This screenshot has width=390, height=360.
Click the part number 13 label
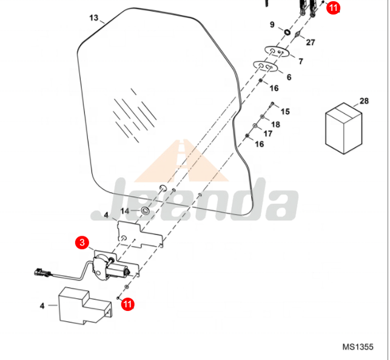(93, 18)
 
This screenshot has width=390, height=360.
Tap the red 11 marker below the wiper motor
(127, 304)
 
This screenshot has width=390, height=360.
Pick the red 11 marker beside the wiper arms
(334, 8)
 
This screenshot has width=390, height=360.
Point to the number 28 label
(364, 101)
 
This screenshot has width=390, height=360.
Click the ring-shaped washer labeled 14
(146, 211)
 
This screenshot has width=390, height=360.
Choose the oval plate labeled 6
(264, 65)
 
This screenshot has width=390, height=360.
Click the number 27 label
(310, 42)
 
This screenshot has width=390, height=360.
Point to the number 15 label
(284, 112)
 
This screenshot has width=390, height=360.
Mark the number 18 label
(275, 124)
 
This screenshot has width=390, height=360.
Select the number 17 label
(267, 134)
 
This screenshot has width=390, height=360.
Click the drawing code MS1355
(357, 347)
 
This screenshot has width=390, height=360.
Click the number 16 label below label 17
(259, 144)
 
